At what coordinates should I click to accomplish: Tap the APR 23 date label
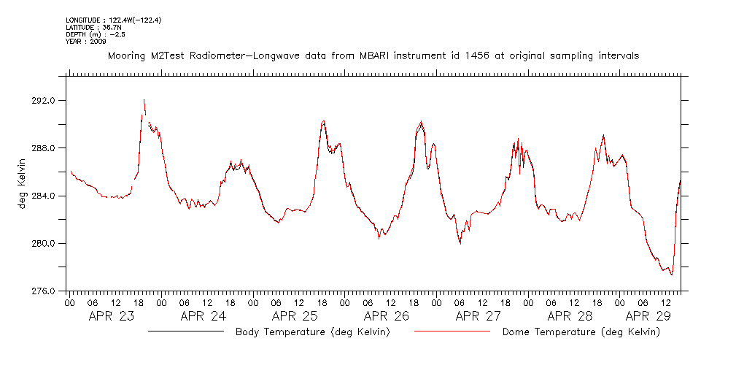[112, 316]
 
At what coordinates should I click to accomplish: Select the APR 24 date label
[204, 316]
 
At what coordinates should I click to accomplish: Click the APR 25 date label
[295, 316]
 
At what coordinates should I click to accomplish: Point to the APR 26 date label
[387, 316]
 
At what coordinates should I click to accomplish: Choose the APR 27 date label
[479, 316]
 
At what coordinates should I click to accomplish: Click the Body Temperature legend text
[312, 332]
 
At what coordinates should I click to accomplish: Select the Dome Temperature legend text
[581, 332]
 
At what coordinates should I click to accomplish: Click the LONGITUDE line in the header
[113, 20]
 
